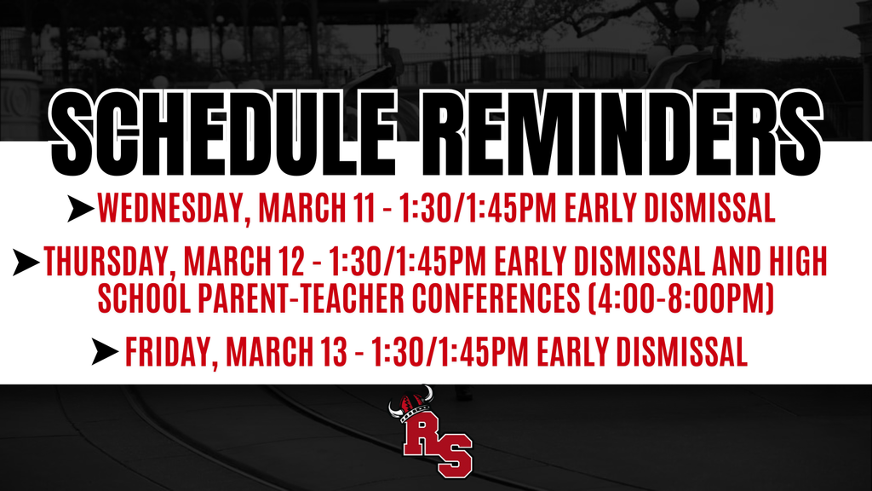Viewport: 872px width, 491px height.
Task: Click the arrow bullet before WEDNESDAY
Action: pos(82,207)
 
